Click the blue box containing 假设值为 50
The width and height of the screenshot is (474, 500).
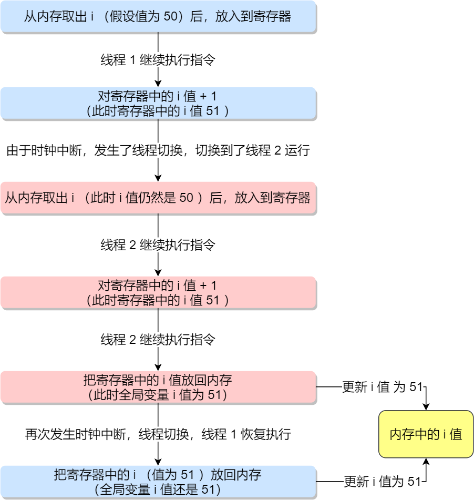158,17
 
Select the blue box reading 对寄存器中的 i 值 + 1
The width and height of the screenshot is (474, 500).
158,103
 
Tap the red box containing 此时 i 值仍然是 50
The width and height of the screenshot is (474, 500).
158,198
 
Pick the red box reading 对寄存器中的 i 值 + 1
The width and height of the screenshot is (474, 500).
158,292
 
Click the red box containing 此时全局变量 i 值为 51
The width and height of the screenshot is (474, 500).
158,387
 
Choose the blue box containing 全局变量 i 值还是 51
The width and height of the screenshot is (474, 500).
158,482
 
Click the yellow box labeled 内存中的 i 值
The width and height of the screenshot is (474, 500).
426,434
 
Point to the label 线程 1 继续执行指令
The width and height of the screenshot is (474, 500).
158,60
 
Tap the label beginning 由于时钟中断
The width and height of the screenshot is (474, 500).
158,151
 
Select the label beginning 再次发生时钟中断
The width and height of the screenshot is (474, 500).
158,434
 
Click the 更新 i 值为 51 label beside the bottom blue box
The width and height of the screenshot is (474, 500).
383,482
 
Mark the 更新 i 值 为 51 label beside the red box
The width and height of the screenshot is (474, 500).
382,387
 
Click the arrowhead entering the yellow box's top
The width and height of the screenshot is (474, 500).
426,406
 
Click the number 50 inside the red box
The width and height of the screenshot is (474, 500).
187,198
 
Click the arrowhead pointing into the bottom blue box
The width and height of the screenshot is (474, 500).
158,462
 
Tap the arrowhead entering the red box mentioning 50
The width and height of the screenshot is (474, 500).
158,178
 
